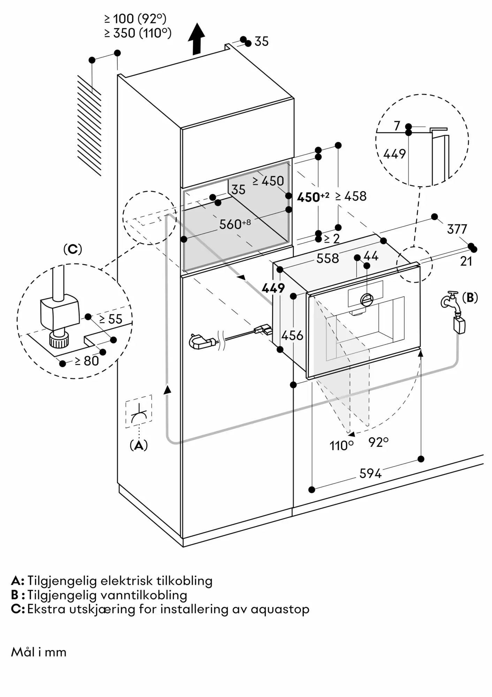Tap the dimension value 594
coord(370,473)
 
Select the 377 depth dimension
coord(457,229)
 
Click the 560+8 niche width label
coord(235,224)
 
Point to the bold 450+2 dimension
coord(313,197)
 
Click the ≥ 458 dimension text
coord(351,196)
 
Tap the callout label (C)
coord(73,249)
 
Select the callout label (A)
coord(139,445)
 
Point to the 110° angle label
coord(341,445)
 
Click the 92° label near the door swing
coord(378,442)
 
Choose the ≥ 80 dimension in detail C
coord(87,361)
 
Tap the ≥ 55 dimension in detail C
coord(111,319)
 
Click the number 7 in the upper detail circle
coord(397,126)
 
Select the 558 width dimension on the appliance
coord(327,258)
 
